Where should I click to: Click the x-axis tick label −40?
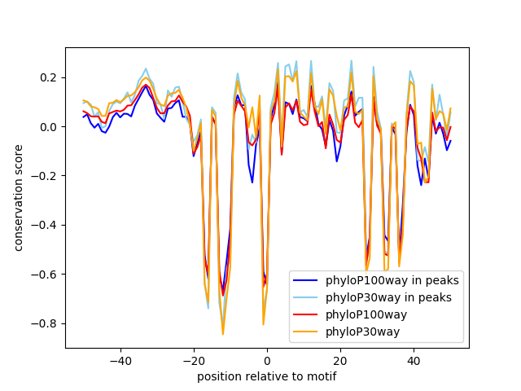(120, 360)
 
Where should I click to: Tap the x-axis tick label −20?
(194, 360)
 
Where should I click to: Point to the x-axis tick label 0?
(267, 360)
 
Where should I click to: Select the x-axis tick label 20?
(340, 360)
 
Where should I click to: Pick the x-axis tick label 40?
(414, 360)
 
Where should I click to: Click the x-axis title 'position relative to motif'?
(266, 376)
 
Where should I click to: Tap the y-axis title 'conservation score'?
(18, 199)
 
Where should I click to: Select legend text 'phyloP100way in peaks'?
(392, 281)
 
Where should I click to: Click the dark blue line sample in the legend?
(307, 281)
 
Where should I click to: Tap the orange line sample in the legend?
(307, 331)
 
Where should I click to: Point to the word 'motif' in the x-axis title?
(321, 376)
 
